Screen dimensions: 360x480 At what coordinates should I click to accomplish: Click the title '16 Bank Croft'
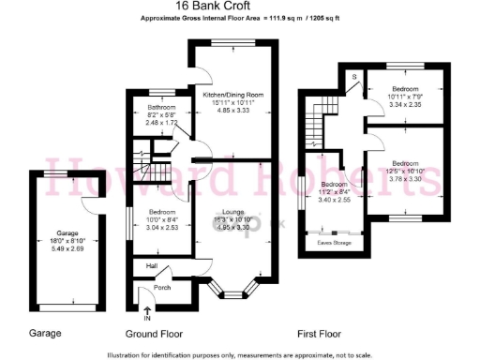pos(241,7)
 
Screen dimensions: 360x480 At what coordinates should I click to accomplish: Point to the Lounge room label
pos(233,212)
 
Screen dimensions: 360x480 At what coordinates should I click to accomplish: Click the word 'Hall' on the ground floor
pos(150,265)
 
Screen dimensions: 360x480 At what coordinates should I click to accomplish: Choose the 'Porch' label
pos(169,289)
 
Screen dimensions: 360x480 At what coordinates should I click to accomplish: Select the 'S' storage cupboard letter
pos(354,76)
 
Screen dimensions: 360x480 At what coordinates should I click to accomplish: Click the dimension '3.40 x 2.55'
pos(334,200)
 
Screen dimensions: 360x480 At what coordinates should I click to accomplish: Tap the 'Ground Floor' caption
pos(155,334)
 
